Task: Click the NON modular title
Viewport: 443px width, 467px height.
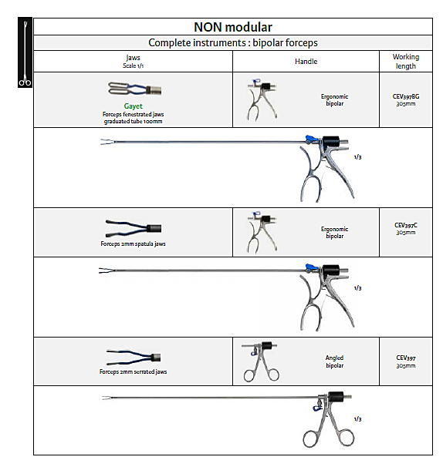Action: click(233, 27)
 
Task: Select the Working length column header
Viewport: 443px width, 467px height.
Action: click(406, 62)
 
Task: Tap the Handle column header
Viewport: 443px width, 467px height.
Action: click(306, 62)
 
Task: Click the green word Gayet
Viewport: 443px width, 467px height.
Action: click(133, 106)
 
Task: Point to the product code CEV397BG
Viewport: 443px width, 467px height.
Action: click(406, 96)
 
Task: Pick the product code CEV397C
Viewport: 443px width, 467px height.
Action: click(406, 225)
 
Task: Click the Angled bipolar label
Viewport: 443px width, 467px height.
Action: click(334, 361)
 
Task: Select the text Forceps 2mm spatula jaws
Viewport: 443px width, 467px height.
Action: click(133, 244)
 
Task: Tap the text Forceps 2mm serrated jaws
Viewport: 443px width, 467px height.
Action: click(133, 371)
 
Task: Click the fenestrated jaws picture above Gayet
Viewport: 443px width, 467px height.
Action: click(134, 89)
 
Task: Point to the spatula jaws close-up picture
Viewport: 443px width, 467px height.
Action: click(134, 228)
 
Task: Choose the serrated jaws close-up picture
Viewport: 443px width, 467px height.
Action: click(134, 358)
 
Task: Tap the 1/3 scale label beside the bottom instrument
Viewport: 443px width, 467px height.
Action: click(357, 419)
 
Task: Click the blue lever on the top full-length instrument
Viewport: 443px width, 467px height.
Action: click(312, 139)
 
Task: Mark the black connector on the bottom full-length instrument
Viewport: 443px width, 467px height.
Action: click(335, 396)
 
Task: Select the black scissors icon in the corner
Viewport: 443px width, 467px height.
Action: click(25, 52)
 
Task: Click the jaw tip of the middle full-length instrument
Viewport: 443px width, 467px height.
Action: click(100, 270)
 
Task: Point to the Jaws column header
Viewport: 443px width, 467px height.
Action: click(133, 62)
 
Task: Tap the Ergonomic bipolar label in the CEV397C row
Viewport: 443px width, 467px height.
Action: click(334, 232)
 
